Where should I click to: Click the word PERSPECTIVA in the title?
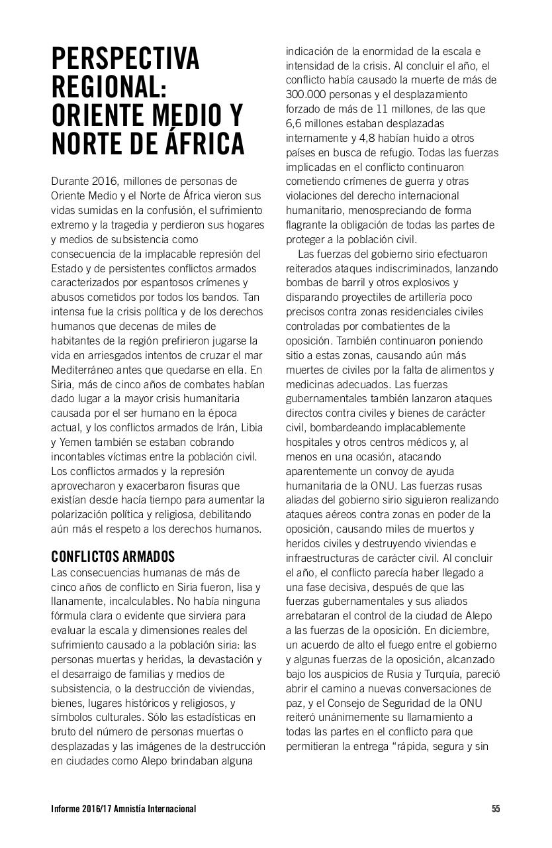tap(125, 60)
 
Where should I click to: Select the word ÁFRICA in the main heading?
tap(197, 144)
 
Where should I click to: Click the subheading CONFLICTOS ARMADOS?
tap(113, 556)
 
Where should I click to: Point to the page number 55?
tap(496, 809)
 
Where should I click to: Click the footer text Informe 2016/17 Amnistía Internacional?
tap(123, 809)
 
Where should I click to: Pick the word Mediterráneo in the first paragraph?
tap(83, 370)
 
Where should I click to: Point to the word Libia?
tap(252, 428)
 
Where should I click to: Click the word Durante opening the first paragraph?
tap(71, 181)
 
